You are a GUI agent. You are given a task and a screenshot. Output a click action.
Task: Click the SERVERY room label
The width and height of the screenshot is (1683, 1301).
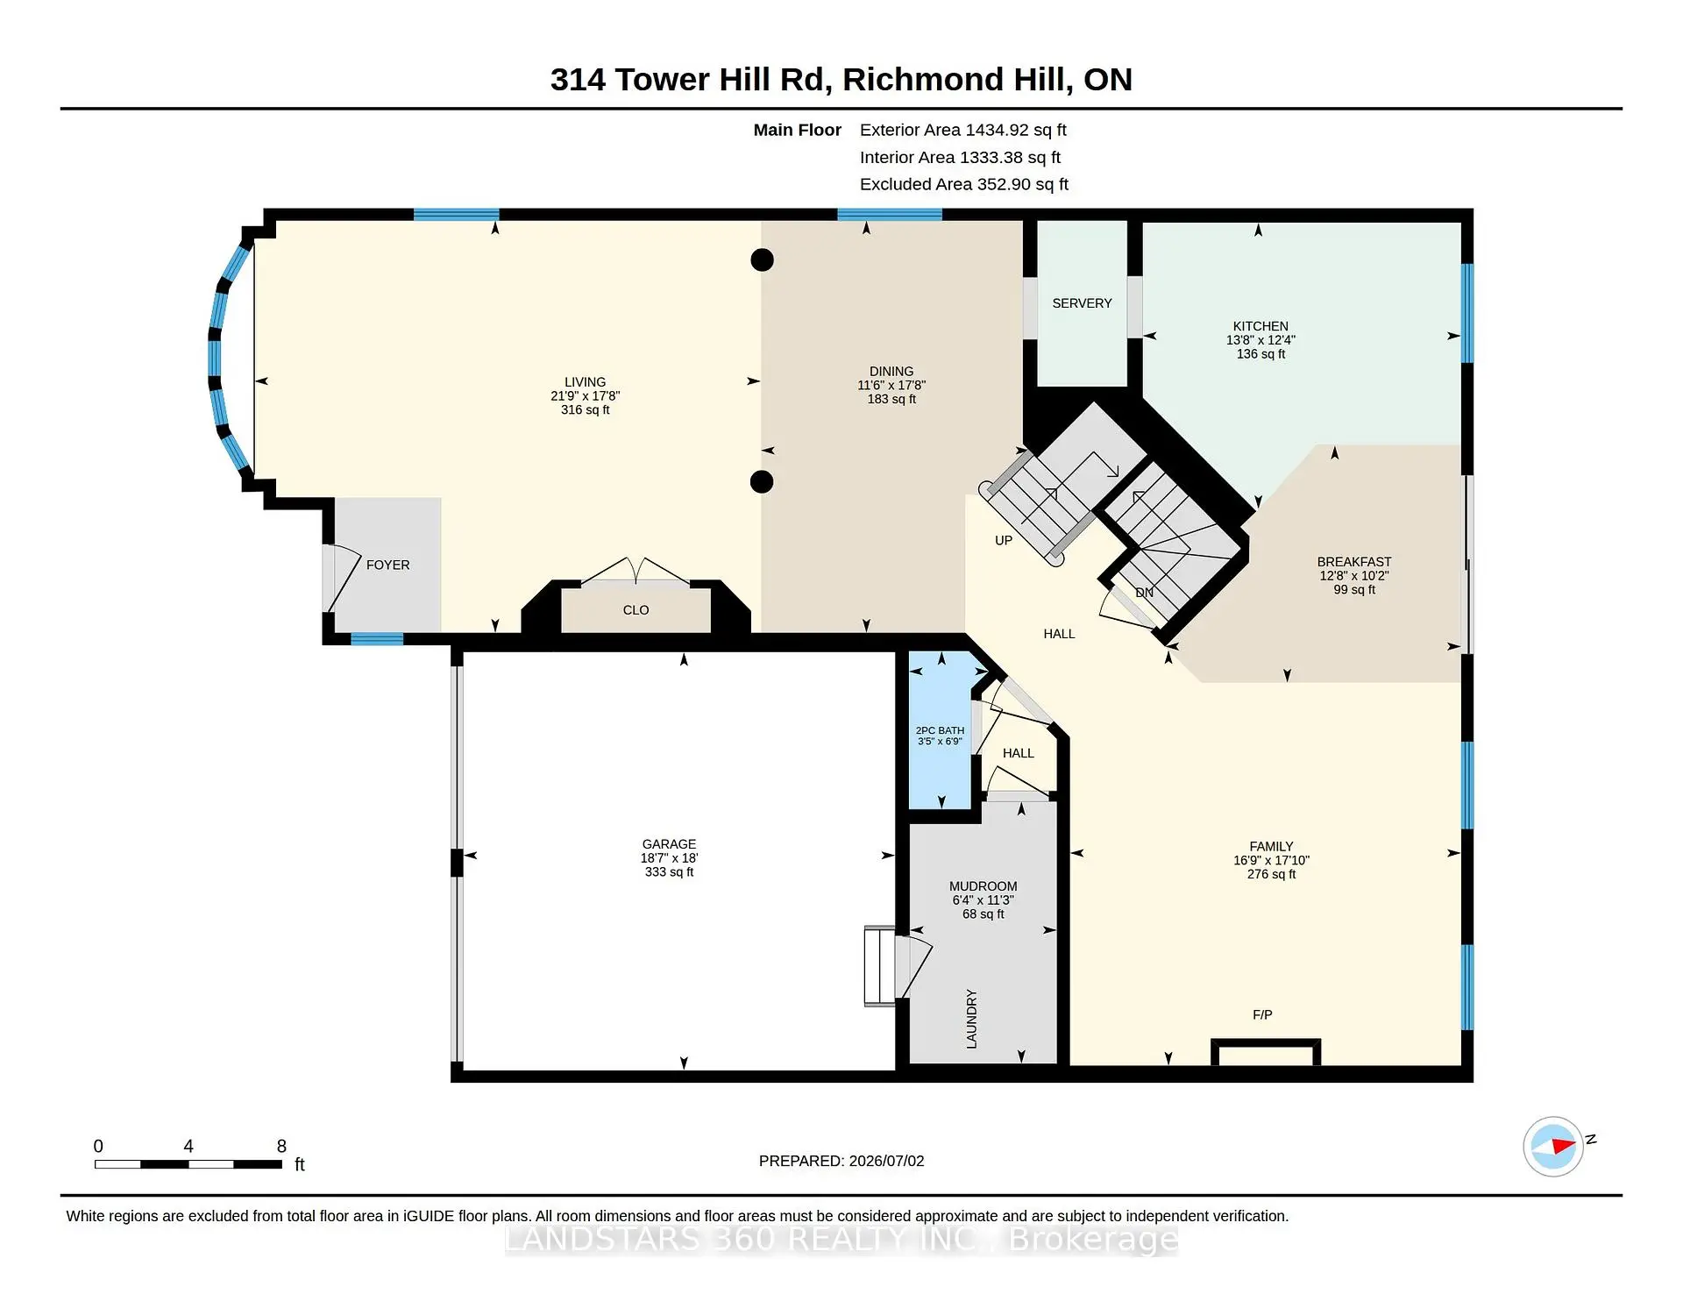1082,303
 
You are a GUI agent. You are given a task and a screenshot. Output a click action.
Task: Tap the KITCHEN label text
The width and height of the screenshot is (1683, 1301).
1260,326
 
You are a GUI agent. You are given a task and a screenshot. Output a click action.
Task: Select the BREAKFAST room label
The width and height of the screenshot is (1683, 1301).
1354,562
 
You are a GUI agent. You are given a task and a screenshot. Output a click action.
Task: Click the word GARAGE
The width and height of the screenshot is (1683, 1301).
669,844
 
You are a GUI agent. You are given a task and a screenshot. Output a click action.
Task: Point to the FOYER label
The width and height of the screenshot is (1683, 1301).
387,565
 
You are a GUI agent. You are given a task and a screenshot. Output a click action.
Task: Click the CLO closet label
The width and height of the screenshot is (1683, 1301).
636,610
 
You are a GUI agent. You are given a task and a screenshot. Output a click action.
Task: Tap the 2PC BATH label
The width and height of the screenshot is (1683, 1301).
940,730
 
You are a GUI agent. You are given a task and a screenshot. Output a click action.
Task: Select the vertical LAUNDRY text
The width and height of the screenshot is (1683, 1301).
971,1019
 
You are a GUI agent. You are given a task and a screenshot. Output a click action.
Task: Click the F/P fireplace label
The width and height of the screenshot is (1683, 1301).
1262,1015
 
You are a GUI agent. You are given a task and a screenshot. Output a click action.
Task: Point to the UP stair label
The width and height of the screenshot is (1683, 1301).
1004,541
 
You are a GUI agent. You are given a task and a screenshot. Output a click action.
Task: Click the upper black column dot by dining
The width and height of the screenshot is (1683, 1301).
763,259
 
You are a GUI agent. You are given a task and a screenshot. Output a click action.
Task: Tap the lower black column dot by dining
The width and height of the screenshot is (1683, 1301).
762,481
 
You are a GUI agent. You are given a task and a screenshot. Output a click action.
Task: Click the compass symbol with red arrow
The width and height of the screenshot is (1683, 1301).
1553,1146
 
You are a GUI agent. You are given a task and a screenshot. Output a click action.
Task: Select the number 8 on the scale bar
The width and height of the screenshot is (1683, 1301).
281,1146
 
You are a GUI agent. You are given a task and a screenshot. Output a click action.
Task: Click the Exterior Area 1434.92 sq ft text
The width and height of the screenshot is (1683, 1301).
962,130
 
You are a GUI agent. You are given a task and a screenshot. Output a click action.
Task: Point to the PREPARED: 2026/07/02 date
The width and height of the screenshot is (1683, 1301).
841,1161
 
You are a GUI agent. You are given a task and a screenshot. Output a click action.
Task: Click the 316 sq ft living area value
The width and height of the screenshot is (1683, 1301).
585,409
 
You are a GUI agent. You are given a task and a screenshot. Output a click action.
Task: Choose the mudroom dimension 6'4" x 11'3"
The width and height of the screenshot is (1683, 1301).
983,900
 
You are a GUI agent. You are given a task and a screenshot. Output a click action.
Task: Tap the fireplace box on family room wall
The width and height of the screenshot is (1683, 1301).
1266,1052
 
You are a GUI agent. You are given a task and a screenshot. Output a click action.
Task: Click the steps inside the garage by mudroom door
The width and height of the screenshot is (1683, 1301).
879,966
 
